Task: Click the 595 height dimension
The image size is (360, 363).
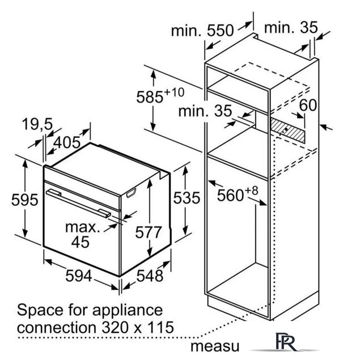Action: tap(25, 200)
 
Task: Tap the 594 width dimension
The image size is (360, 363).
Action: tap(79, 276)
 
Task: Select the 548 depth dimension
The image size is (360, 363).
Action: tap(150, 276)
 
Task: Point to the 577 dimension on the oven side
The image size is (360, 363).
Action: tap(148, 232)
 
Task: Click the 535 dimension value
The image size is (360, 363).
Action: tap(187, 198)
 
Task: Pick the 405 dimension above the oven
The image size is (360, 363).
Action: tap(67, 142)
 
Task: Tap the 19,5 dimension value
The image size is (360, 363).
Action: tap(37, 124)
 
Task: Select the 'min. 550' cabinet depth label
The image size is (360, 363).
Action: tap(202, 30)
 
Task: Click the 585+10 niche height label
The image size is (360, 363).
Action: tap(160, 95)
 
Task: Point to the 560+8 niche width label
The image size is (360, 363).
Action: tap(238, 193)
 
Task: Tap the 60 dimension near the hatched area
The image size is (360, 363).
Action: tap(308, 105)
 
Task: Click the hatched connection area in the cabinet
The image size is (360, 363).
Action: tap(288, 130)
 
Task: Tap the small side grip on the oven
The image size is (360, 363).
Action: tap(131, 193)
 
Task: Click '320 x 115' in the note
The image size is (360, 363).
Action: tap(138, 327)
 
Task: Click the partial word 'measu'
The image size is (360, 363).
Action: tap(215, 347)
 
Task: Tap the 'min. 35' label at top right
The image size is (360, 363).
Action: tap(291, 28)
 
